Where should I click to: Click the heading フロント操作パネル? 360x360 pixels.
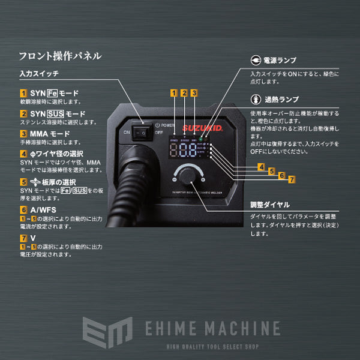click(59, 56)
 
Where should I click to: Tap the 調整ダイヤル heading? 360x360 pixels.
click(270, 204)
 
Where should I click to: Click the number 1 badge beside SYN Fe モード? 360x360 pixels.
click(23, 94)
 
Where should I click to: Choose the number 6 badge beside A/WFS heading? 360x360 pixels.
click(23, 210)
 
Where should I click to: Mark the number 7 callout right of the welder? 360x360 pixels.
click(292, 179)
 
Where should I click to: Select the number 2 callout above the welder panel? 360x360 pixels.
click(184, 93)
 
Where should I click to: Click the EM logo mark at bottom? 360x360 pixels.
click(107, 331)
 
